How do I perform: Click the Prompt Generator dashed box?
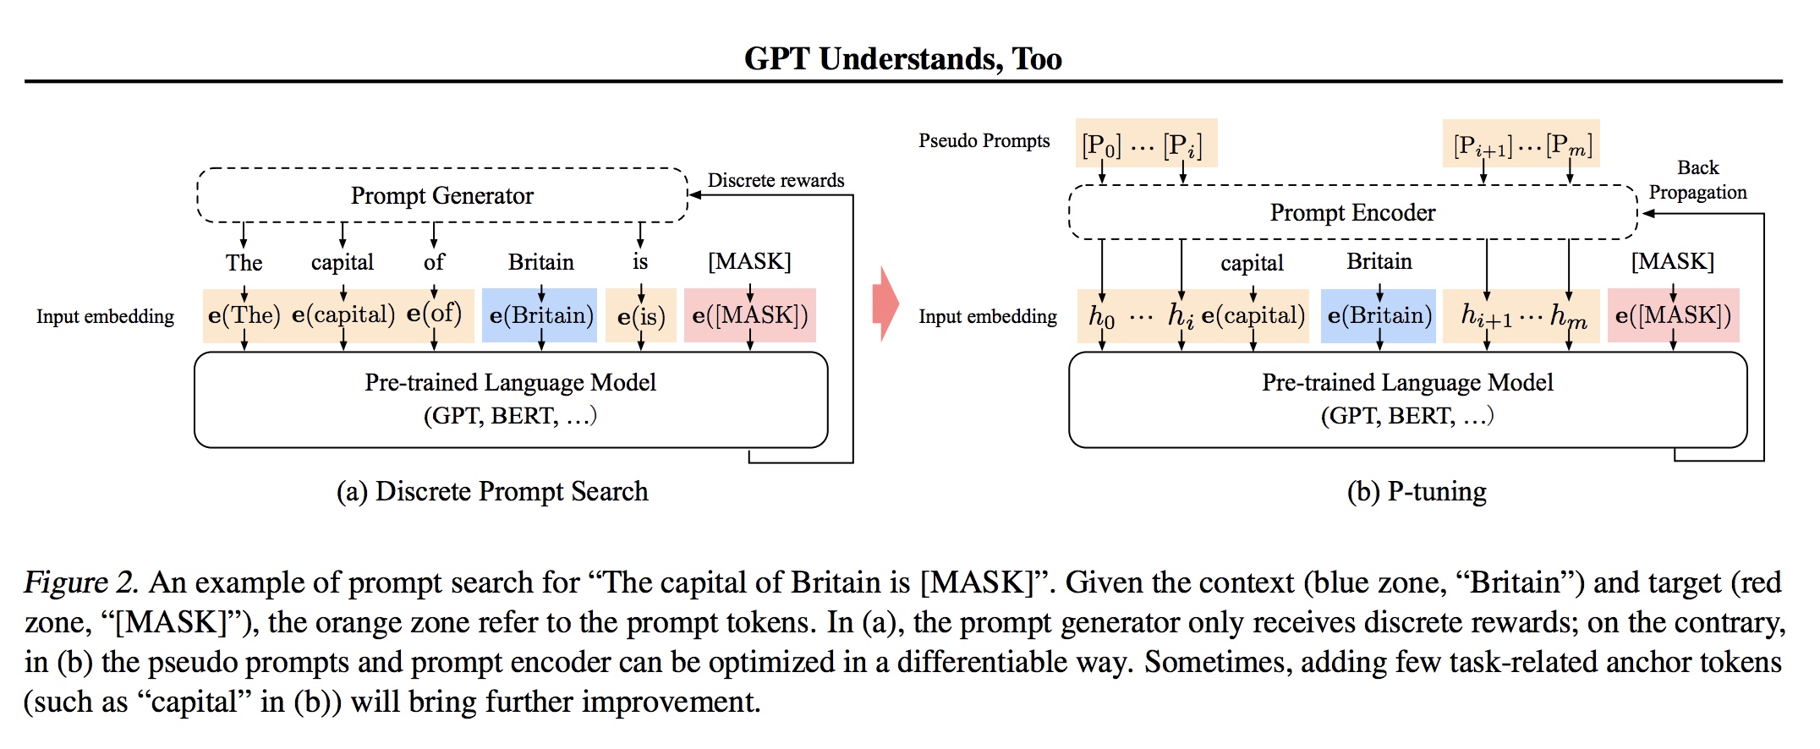442,195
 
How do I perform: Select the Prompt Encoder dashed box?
1352,212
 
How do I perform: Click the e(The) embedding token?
244,315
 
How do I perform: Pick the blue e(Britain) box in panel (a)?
540,315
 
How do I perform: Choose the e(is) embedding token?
641,316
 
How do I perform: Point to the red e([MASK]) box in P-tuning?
1673,315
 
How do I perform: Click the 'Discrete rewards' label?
776,180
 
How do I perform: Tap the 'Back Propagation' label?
1697,180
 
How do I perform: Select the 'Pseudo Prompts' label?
984,140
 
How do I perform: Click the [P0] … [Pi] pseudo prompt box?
1145,145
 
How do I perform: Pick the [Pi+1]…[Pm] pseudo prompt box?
1521,145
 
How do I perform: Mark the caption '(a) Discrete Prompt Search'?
492,491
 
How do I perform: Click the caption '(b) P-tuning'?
1417,491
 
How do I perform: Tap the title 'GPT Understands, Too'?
902,58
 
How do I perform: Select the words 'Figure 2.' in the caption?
81,582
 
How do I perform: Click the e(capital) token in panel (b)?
1253,315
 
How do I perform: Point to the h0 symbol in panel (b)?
1101,316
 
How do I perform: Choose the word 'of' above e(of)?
434,262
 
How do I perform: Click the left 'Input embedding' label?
105,316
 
